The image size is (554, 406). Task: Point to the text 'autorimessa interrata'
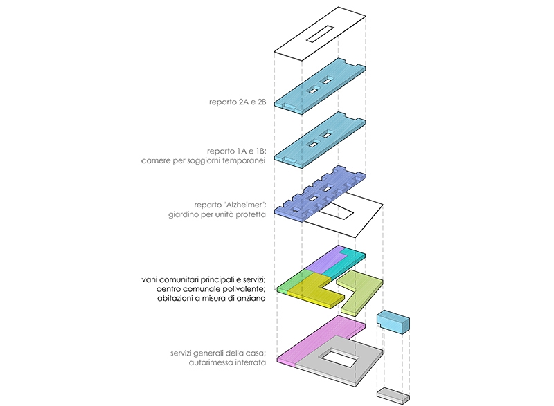[228, 362]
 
